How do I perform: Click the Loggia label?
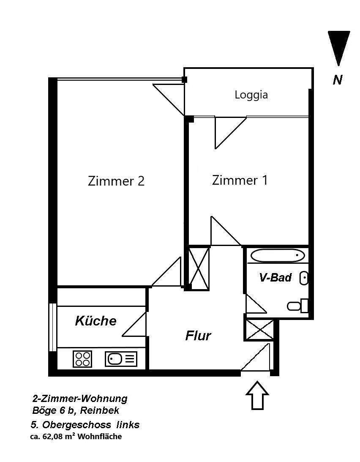[x=251, y=95]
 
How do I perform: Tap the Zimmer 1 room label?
[x=240, y=180]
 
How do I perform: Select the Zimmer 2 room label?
[x=116, y=181]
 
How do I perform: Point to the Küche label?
[x=95, y=321]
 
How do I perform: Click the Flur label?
[x=198, y=336]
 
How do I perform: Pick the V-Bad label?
[x=275, y=278]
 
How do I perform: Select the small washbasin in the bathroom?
[x=304, y=278]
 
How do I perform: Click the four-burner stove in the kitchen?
[x=82, y=359]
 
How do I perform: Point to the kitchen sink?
[x=121, y=359]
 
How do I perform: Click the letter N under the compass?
[x=337, y=79]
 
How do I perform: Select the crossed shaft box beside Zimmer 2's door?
[x=199, y=268]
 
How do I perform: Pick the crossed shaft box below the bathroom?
[x=259, y=330]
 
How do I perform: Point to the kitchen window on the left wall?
[x=52, y=327]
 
